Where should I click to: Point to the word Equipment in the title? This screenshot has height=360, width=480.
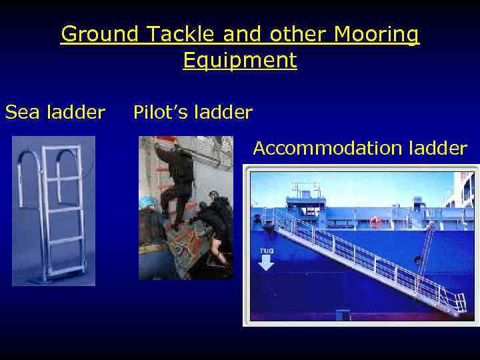pos(240,61)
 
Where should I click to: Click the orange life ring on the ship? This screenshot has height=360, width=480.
pos(375,222)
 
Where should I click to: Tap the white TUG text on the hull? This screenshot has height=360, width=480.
pos(266,251)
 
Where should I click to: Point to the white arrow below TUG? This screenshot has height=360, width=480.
pos(266,263)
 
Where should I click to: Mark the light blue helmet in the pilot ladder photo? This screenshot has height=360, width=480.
pos(149,201)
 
